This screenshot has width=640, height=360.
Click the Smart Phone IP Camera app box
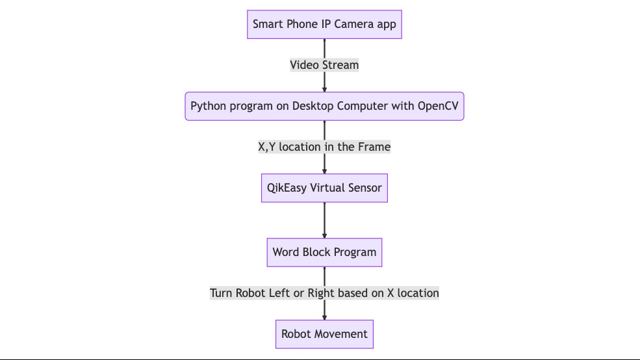coord(324,25)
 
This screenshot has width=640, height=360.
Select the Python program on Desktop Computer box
coord(324,106)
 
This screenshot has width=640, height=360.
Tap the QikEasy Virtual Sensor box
coord(324,188)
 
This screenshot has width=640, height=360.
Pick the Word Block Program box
coord(324,252)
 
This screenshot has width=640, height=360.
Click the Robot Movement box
coord(324,334)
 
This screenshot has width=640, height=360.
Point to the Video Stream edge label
coord(324,65)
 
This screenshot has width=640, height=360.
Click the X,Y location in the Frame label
coord(324,147)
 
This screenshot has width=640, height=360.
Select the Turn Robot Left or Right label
coord(324,293)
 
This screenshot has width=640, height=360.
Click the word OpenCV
coord(438,106)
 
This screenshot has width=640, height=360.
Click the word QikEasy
coord(287,188)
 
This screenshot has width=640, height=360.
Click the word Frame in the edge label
coord(374,147)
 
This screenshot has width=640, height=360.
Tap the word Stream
coord(340,65)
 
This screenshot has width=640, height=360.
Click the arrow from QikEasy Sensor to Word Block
coord(324,220)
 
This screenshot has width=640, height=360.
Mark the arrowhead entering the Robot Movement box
coord(324,316)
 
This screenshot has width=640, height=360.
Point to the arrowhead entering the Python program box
coord(324,88)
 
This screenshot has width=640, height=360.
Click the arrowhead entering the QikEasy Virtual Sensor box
coord(324,170)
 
